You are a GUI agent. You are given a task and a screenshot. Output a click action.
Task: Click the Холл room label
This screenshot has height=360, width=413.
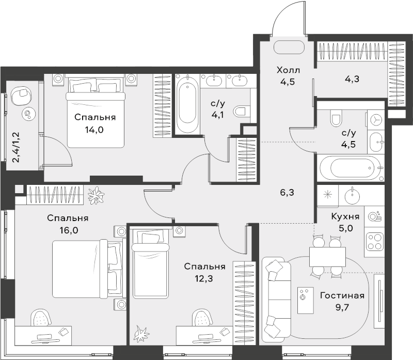(288, 70)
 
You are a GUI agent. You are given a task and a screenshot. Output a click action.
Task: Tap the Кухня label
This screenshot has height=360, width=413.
(345, 216)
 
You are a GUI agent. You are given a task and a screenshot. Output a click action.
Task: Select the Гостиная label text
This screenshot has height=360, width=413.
(342, 295)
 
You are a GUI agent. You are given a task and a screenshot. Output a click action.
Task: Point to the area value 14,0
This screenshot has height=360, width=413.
(94, 130)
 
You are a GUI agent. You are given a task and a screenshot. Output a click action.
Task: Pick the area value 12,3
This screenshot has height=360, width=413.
(204, 278)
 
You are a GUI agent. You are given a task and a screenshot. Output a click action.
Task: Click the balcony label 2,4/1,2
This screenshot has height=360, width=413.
(17, 147)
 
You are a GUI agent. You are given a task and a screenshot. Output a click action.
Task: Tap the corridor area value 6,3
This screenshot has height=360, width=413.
(287, 193)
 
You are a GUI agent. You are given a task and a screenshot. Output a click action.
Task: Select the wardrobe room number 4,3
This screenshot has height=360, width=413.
(352, 79)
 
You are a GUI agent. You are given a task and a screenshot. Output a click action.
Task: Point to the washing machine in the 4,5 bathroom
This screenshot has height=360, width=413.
(376, 120)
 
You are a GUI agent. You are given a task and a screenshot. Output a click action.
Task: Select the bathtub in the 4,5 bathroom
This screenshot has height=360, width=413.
(351, 168)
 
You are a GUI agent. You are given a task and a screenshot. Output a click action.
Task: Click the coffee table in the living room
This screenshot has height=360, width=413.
(306, 301)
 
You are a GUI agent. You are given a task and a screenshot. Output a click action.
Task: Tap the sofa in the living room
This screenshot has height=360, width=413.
(277, 299)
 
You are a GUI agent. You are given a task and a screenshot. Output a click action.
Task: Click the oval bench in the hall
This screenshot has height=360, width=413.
(289, 48)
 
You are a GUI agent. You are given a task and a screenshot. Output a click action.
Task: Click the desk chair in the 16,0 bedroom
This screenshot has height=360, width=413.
(41, 318)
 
